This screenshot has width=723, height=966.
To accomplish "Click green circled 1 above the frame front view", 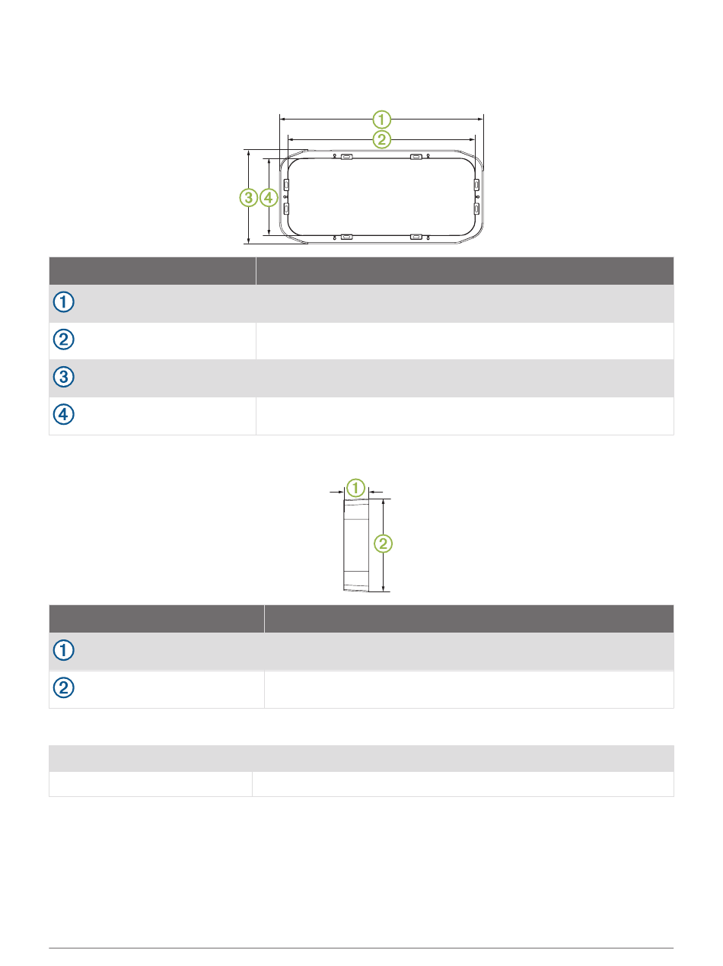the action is click(x=381, y=120).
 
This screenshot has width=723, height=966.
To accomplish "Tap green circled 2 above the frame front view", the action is click(x=381, y=139).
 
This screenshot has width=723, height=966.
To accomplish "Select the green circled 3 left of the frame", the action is click(x=248, y=198).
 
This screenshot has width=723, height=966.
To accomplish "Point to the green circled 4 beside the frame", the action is click(x=269, y=198).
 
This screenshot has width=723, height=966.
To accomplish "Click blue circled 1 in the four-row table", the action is click(x=64, y=302).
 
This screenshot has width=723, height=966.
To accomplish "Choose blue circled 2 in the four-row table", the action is click(x=64, y=340).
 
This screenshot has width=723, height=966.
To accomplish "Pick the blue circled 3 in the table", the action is click(x=64, y=377).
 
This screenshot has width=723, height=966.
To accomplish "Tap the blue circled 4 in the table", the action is click(x=64, y=414).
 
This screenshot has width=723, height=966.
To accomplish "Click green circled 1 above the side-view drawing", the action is click(x=355, y=488).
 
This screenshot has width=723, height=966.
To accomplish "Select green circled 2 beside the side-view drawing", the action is click(x=383, y=544).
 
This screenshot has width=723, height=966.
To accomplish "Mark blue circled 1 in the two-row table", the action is click(x=64, y=650).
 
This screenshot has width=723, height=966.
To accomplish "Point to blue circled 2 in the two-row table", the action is click(x=64, y=687).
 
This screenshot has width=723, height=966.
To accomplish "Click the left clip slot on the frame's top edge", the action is click(x=346, y=157).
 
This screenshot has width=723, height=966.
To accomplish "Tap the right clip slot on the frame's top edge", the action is click(x=416, y=157).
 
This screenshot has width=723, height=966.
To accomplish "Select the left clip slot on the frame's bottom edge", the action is click(x=346, y=238).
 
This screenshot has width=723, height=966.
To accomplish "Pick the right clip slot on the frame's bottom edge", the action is click(x=416, y=238).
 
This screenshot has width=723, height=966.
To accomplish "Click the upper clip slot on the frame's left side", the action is click(x=286, y=184).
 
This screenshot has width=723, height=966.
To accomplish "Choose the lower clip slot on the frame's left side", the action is click(x=286, y=209).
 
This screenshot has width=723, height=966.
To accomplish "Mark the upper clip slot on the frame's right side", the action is click(x=476, y=184).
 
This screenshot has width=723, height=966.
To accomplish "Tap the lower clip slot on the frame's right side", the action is click(x=476, y=209).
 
